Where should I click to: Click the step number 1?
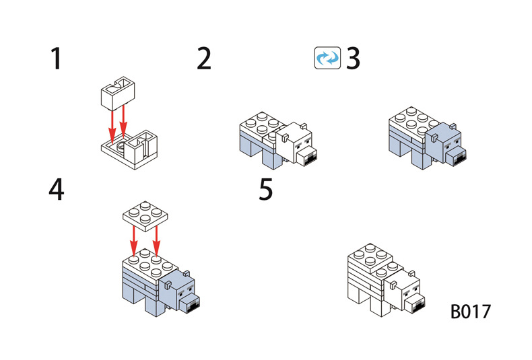[56, 59]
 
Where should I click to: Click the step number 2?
[204, 59]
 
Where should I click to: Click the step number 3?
[353, 59]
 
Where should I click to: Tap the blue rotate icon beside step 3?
[328, 59]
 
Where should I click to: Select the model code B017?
[471, 312]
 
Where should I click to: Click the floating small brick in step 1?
[116, 92]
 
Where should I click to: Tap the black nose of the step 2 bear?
[310, 157]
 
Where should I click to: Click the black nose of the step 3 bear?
[461, 157]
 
